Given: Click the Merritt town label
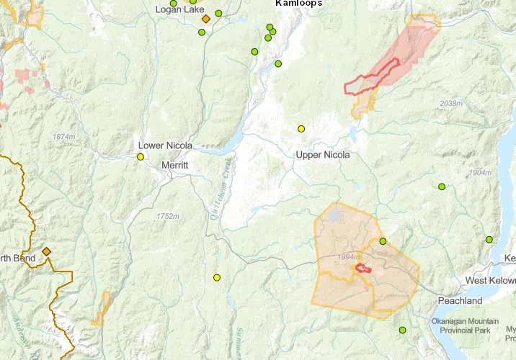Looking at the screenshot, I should pyautogui.click(x=175, y=165).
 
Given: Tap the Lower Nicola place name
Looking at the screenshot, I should pyautogui.click(x=165, y=145).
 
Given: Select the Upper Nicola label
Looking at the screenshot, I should pyautogui.click(x=323, y=155).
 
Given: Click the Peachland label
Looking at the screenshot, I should pyautogui.click(x=460, y=300).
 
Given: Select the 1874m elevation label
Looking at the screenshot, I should pyautogui.click(x=63, y=137).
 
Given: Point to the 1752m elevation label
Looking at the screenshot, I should pyautogui.click(x=167, y=216).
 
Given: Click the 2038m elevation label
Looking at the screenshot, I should pyautogui.click(x=450, y=104).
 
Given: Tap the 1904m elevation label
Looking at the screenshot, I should pyautogui.click(x=479, y=173).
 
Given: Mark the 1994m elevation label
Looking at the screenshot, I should pyautogui.click(x=348, y=257).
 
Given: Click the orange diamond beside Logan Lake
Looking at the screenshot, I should pyautogui.click(x=205, y=19).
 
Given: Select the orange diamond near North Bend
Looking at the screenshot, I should pyautogui.click(x=46, y=251).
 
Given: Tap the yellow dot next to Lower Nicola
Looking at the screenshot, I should pyautogui.click(x=141, y=157).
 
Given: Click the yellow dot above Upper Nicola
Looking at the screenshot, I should pyautogui.click(x=301, y=129).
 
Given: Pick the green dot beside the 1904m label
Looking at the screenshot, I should pyautogui.click(x=442, y=186).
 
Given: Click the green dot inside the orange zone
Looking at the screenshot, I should pyautogui.click(x=383, y=241).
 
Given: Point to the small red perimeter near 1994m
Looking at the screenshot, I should pyautogui.click(x=363, y=269).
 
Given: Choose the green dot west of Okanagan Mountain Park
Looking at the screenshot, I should pyautogui.click(x=403, y=330).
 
